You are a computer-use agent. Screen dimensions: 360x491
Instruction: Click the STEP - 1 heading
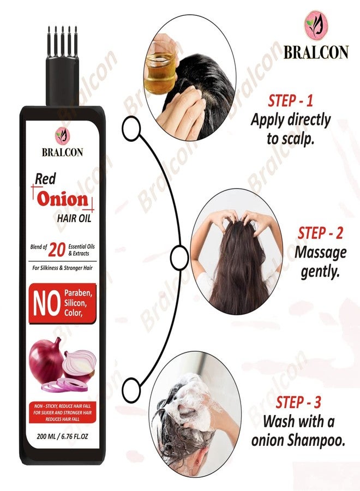(290, 101)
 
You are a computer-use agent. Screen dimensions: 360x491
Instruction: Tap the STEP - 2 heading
(320, 233)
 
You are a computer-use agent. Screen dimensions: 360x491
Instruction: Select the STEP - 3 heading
(298, 403)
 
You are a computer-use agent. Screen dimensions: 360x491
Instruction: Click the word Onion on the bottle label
(63, 200)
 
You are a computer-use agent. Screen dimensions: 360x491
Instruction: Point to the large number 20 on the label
(57, 250)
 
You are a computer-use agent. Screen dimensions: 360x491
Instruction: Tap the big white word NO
(46, 304)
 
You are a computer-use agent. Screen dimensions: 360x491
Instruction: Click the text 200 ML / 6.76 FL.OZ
(62, 436)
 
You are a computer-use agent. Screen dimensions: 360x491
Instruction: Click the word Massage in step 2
(320, 253)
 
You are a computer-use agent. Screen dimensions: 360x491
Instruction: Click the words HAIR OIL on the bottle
(74, 218)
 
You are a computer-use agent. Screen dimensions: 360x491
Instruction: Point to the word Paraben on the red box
(78, 294)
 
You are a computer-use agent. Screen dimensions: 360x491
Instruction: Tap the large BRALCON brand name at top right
(316, 52)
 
